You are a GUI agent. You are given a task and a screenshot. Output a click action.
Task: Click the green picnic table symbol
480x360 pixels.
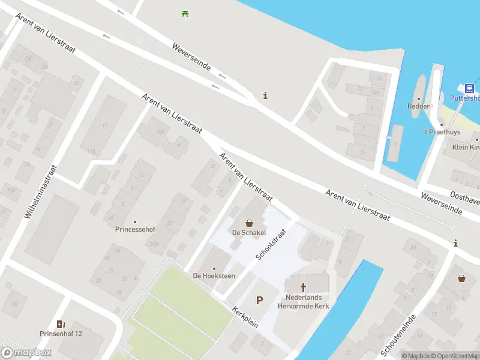coord(185,13)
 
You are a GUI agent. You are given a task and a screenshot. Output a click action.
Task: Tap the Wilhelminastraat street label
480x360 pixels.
coord(41,191)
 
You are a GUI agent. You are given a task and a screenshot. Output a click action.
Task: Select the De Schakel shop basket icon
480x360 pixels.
coord(249,223)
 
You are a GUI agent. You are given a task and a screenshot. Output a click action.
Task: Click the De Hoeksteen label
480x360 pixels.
coord(214,275)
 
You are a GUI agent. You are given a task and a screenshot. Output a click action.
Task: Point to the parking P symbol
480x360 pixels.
coord(260,300)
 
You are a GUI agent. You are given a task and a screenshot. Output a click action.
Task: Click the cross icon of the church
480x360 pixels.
coord(304,287)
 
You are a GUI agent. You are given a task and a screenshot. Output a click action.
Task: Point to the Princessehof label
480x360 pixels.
coord(135,229)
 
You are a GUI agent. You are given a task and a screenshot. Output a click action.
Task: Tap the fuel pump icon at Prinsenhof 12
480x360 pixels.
coord(61,324)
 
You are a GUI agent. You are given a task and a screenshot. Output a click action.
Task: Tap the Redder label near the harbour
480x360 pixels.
coord(418,106)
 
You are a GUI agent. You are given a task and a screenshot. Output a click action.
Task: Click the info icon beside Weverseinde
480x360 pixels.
coord(265,95)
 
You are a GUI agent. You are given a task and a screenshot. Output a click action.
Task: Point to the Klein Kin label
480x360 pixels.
coord(466,147)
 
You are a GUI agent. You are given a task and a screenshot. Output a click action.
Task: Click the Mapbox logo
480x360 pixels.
coord(26,353)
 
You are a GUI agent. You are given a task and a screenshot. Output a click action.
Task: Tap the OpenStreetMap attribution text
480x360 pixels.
coord(456,356)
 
